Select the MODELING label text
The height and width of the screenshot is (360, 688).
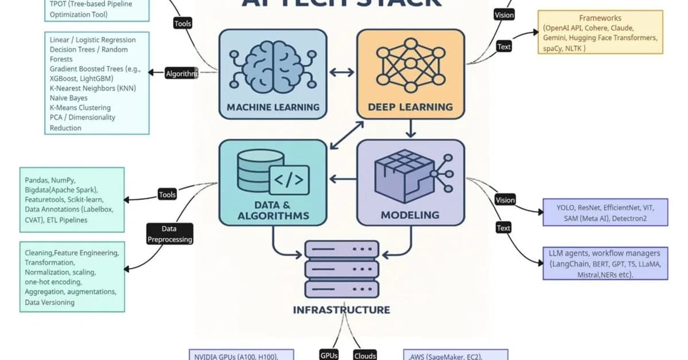[x=410, y=216]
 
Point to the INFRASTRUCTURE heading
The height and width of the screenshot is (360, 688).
[x=342, y=310]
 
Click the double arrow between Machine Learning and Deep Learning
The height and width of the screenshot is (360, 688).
[x=342, y=73]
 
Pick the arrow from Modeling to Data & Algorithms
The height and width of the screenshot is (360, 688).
[x=342, y=179]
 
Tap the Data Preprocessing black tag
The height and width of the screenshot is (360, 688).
[x=169, y=234]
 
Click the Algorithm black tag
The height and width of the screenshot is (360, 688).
[x=181, y=73]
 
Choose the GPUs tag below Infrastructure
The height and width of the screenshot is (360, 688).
[x=329, y=355]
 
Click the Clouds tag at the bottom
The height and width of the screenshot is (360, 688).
[x=365, y=355]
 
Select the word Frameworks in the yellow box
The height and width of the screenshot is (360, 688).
[x=600, y=18]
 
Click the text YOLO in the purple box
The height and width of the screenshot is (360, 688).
[x=566, y=208]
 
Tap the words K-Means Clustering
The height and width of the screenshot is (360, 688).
[x=80, y=108]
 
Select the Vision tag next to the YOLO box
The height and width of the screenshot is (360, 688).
[x=505, y=200]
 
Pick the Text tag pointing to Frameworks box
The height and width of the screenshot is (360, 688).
[x=504, y=47]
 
